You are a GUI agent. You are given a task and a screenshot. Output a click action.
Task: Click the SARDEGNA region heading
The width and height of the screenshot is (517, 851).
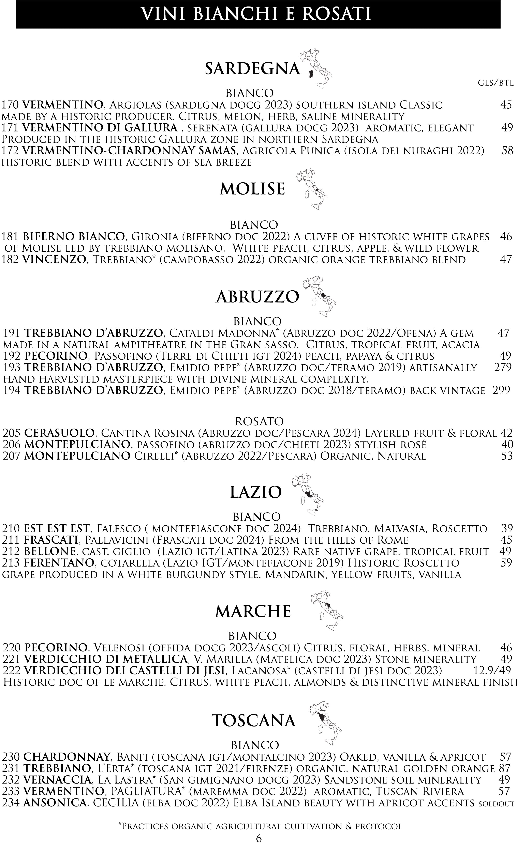click(x=252, y=69)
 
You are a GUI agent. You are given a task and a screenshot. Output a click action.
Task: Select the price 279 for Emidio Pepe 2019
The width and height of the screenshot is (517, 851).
click(x=502, y=368)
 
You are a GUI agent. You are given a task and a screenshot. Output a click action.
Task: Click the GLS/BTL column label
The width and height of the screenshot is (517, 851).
click(x=496, y=83)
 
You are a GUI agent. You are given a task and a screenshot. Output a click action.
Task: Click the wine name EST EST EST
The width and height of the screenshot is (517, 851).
click(x=57, y=528)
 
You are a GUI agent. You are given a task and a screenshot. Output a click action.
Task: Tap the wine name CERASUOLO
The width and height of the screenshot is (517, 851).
click(x=59, y=433)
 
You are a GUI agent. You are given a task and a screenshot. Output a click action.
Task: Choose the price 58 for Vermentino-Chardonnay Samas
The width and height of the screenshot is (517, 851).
click(x=507, y=151)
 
